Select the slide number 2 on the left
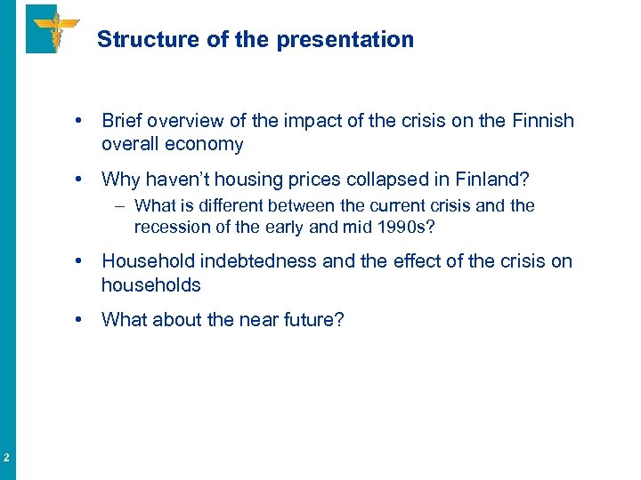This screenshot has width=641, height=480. [x=6, y=459]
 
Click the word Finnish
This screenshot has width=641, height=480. [x=542, y=121]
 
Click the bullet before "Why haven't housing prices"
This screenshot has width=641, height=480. [x=80, y=180]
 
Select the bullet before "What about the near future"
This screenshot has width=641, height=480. [x=80, y=319]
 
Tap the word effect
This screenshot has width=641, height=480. [x=418, y=261]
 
